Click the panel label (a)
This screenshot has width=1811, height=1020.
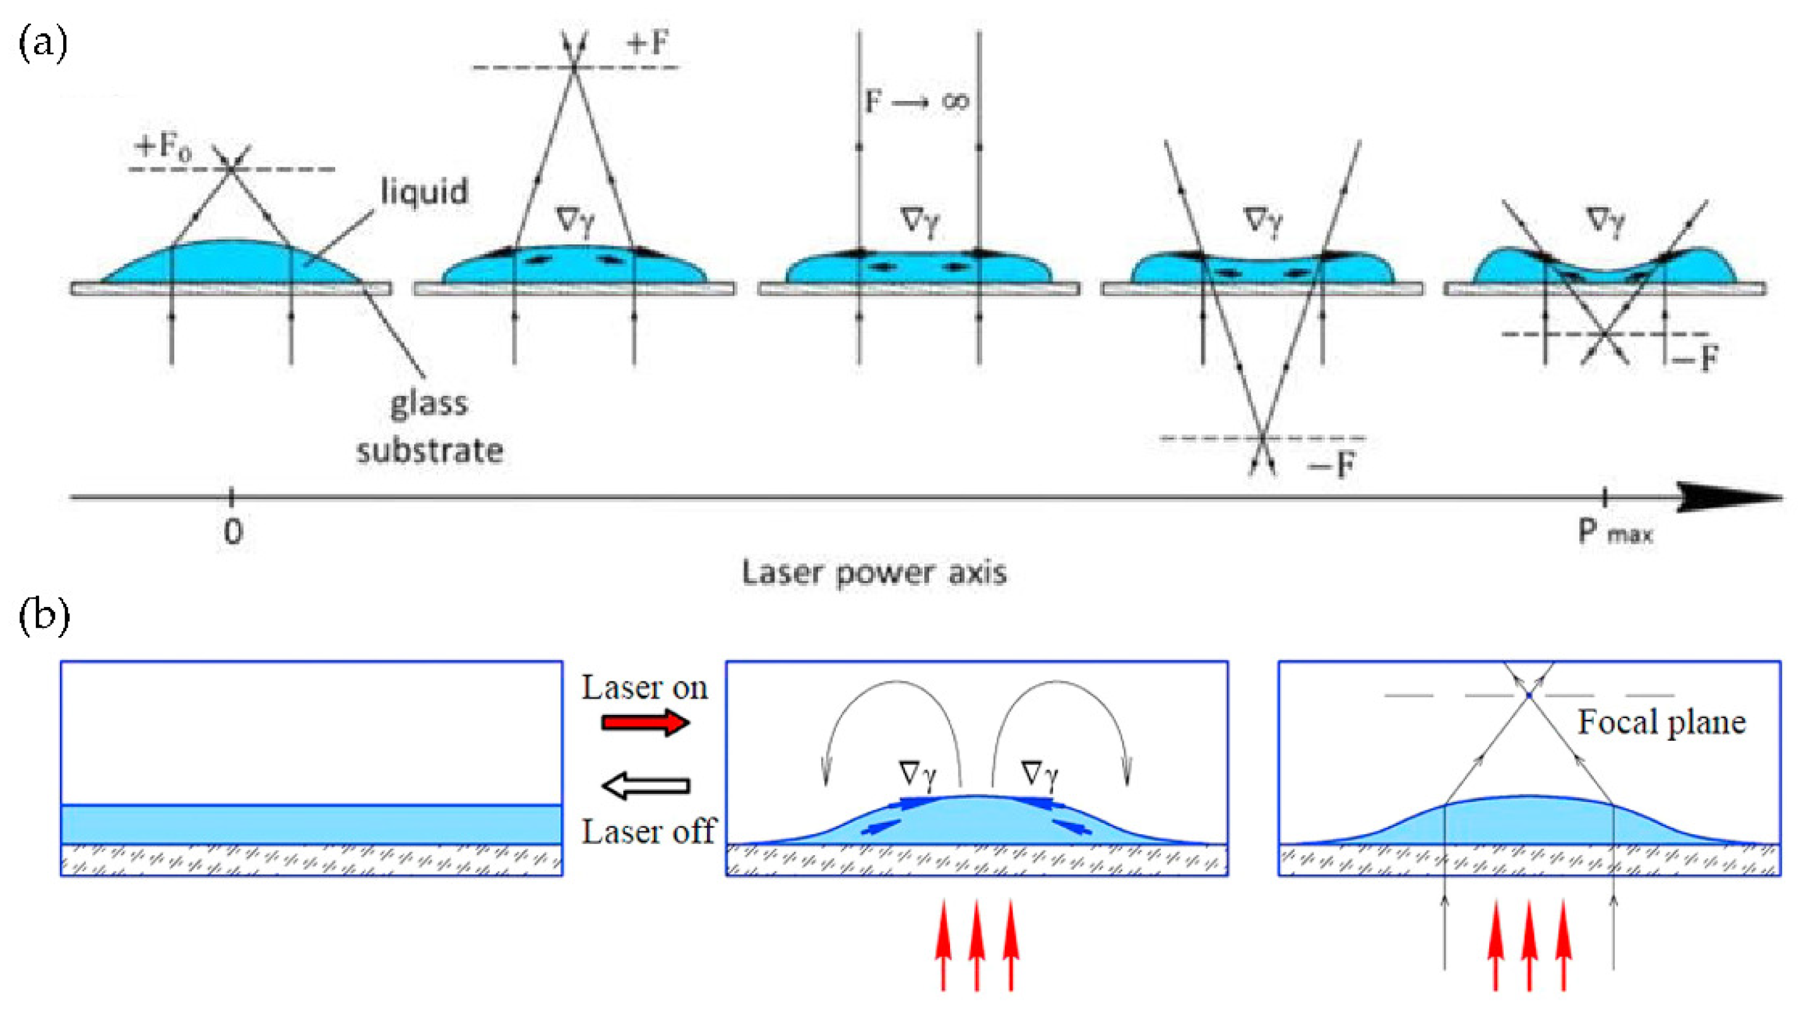point(43,44)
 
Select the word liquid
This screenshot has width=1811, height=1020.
point(424,191)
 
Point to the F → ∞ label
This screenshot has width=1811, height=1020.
point(917,102)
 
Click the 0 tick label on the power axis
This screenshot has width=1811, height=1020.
point(233,532)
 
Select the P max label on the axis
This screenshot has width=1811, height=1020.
point(1614,533)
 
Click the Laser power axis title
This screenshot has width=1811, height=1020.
point(874,573)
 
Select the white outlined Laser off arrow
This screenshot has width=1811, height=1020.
point(644,786)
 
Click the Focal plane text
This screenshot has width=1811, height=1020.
point(1661,723)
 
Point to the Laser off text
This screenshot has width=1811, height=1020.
point(648,832)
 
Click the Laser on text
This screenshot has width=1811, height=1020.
point(644,687)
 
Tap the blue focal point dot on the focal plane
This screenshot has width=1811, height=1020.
point(1528,697)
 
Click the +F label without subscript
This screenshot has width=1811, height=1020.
point(648,44)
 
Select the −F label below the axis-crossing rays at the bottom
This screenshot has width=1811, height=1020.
point(1331,464)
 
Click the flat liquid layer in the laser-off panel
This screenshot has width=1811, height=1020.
point(311,824)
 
